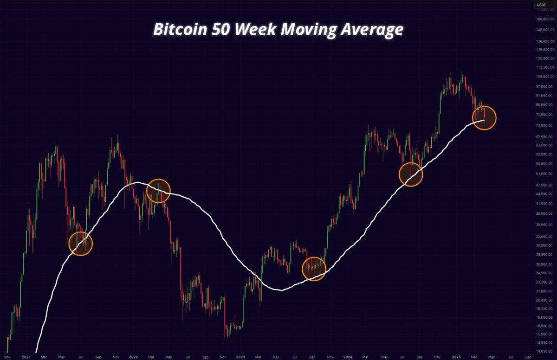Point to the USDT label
[541, 6]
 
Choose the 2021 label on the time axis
[26, 358]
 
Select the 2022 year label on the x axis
[133, 358]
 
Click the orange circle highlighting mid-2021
[81, 244]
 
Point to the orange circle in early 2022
[159, 191]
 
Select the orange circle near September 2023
[314, 269]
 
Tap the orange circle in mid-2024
[411, 174]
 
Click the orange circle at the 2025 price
[485, 118]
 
